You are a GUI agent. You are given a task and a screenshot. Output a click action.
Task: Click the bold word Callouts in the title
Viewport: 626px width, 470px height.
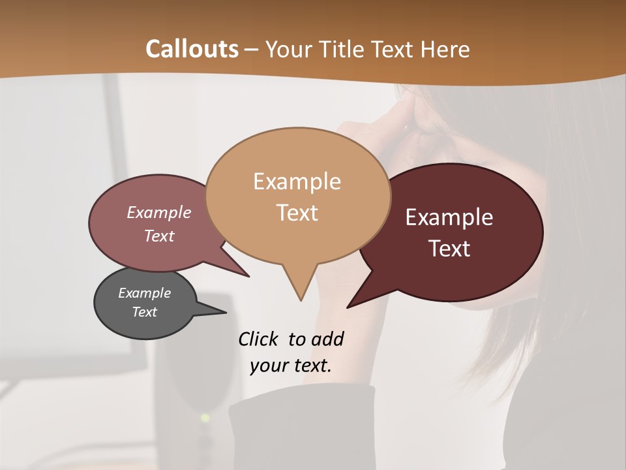(x=192, y=49)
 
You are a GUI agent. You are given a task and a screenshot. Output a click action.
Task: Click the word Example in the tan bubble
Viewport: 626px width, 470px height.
(x=297, y=181)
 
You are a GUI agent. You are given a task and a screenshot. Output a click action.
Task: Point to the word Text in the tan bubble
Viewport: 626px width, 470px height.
(x=297, y=213)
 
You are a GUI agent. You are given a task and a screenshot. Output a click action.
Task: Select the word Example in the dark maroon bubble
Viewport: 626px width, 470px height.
(x=449, y=217)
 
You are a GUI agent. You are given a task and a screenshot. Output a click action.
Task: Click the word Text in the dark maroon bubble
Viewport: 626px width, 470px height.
(x=449, y=249)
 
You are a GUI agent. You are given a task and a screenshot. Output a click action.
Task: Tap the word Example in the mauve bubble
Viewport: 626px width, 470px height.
(x=158, y=213)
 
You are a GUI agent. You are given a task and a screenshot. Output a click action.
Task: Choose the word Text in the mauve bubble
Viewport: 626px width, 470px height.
(x=158, y=236)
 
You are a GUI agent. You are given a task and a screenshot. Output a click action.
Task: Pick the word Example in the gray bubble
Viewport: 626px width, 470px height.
(x=144, y=293)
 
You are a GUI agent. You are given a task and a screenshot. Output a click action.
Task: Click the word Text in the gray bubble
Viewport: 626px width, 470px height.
(x=144, y=312)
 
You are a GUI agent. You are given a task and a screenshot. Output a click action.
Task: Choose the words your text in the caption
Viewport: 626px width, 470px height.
(x=290, y=366)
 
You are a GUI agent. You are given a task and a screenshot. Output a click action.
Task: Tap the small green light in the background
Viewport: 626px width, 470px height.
(x=205, y=417)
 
